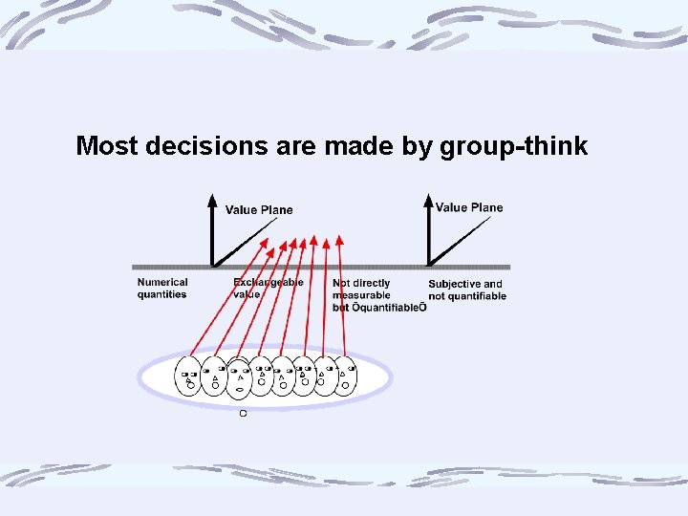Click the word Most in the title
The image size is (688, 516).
point(107,146)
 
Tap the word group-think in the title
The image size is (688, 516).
point(513,146)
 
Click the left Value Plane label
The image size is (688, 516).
point(259,210)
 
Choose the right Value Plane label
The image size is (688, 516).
point(468,207)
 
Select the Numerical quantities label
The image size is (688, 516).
point(162,289)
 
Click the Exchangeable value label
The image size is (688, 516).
point(268,289)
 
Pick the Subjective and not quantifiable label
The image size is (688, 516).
point(467,290)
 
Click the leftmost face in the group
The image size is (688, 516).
point(188,376)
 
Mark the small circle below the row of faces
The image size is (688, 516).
point(243,413)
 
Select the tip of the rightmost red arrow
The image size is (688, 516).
point(341,234)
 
